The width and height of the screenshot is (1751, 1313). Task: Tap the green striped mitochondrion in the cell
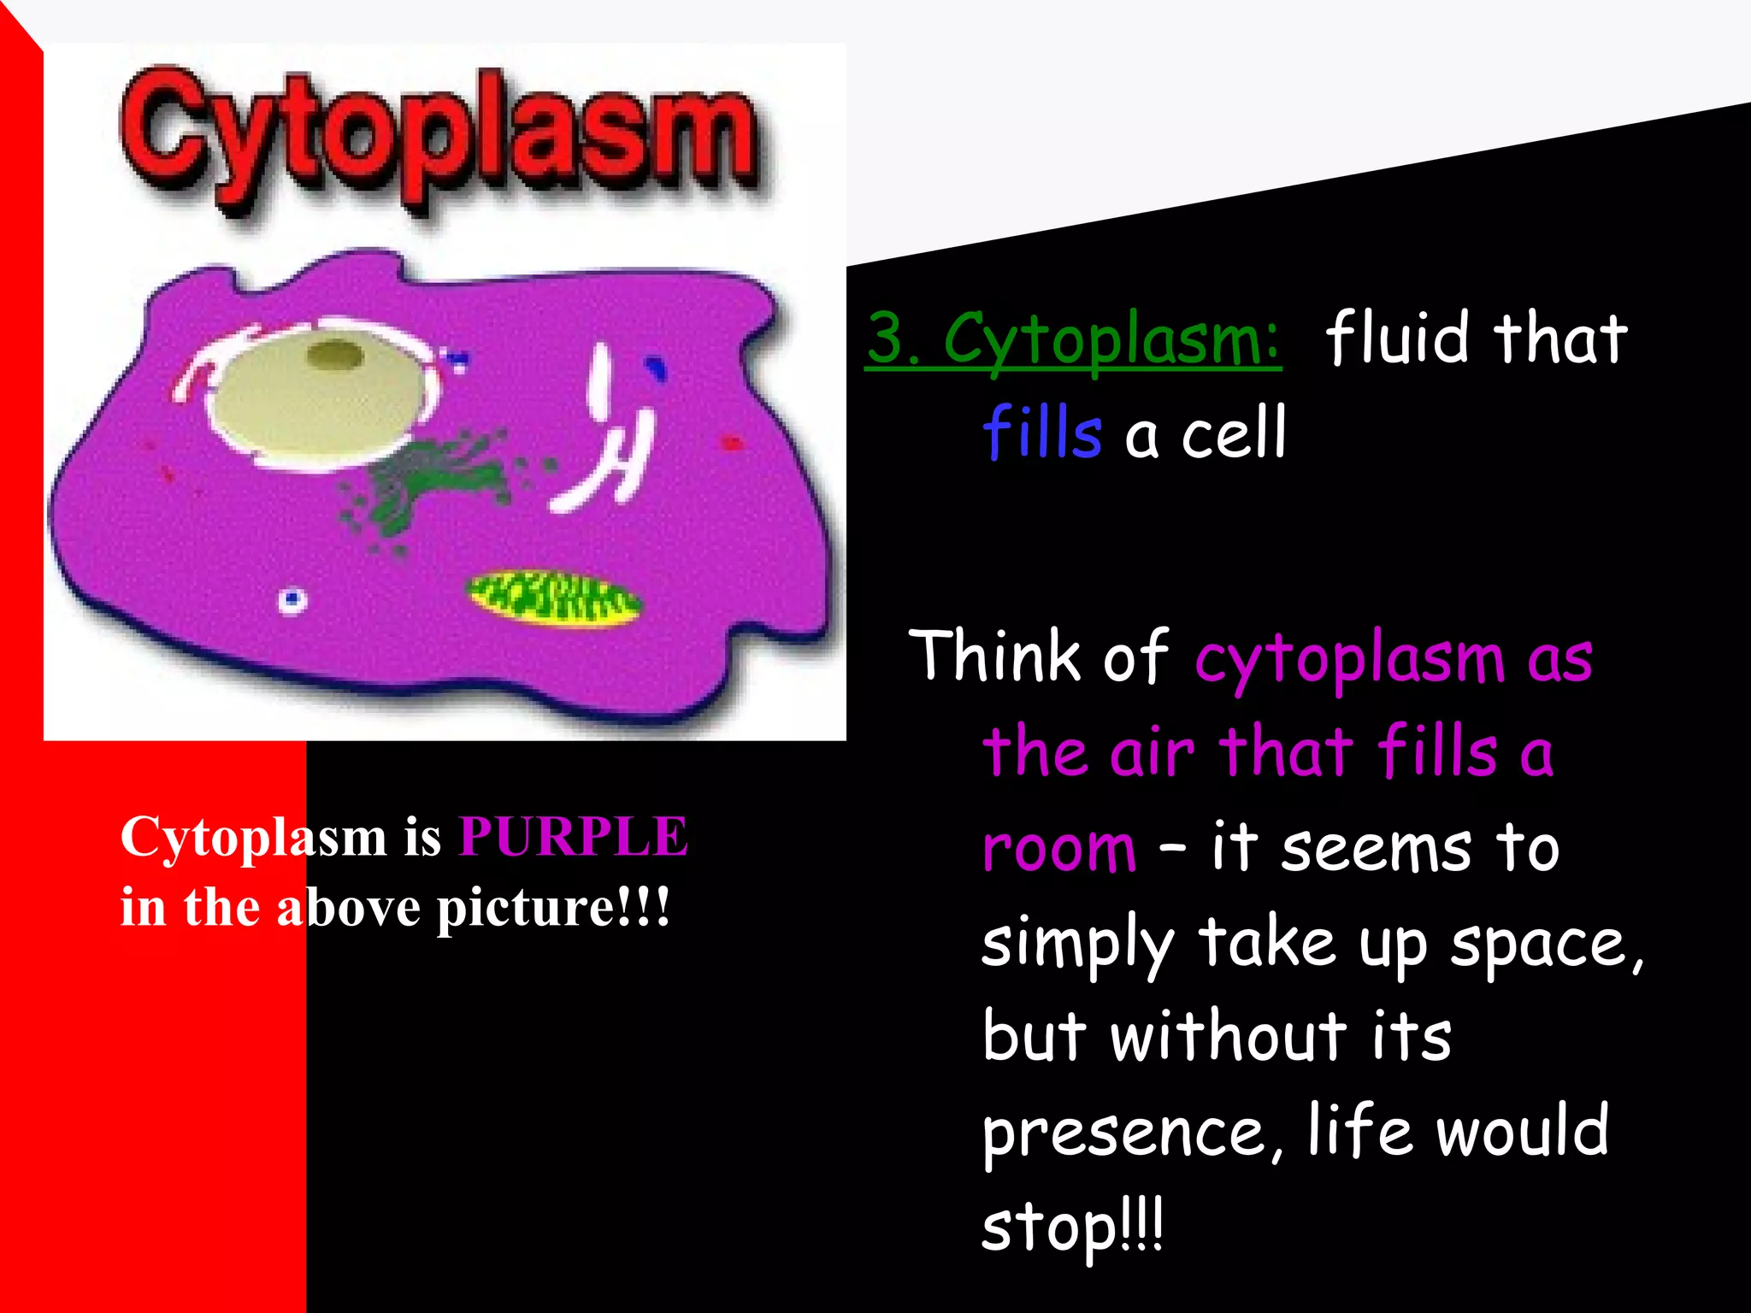553,598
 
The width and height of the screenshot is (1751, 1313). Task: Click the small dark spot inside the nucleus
335,354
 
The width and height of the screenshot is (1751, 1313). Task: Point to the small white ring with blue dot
292,599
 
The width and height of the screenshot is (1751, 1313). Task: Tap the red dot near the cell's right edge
732,443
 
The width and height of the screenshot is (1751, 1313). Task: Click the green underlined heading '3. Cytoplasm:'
1073,339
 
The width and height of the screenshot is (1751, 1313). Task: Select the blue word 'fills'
1041,433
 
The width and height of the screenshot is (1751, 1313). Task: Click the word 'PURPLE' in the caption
573,836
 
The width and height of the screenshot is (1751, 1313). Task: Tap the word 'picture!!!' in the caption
553,908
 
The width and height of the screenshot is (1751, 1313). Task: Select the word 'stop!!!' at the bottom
1072,1228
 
